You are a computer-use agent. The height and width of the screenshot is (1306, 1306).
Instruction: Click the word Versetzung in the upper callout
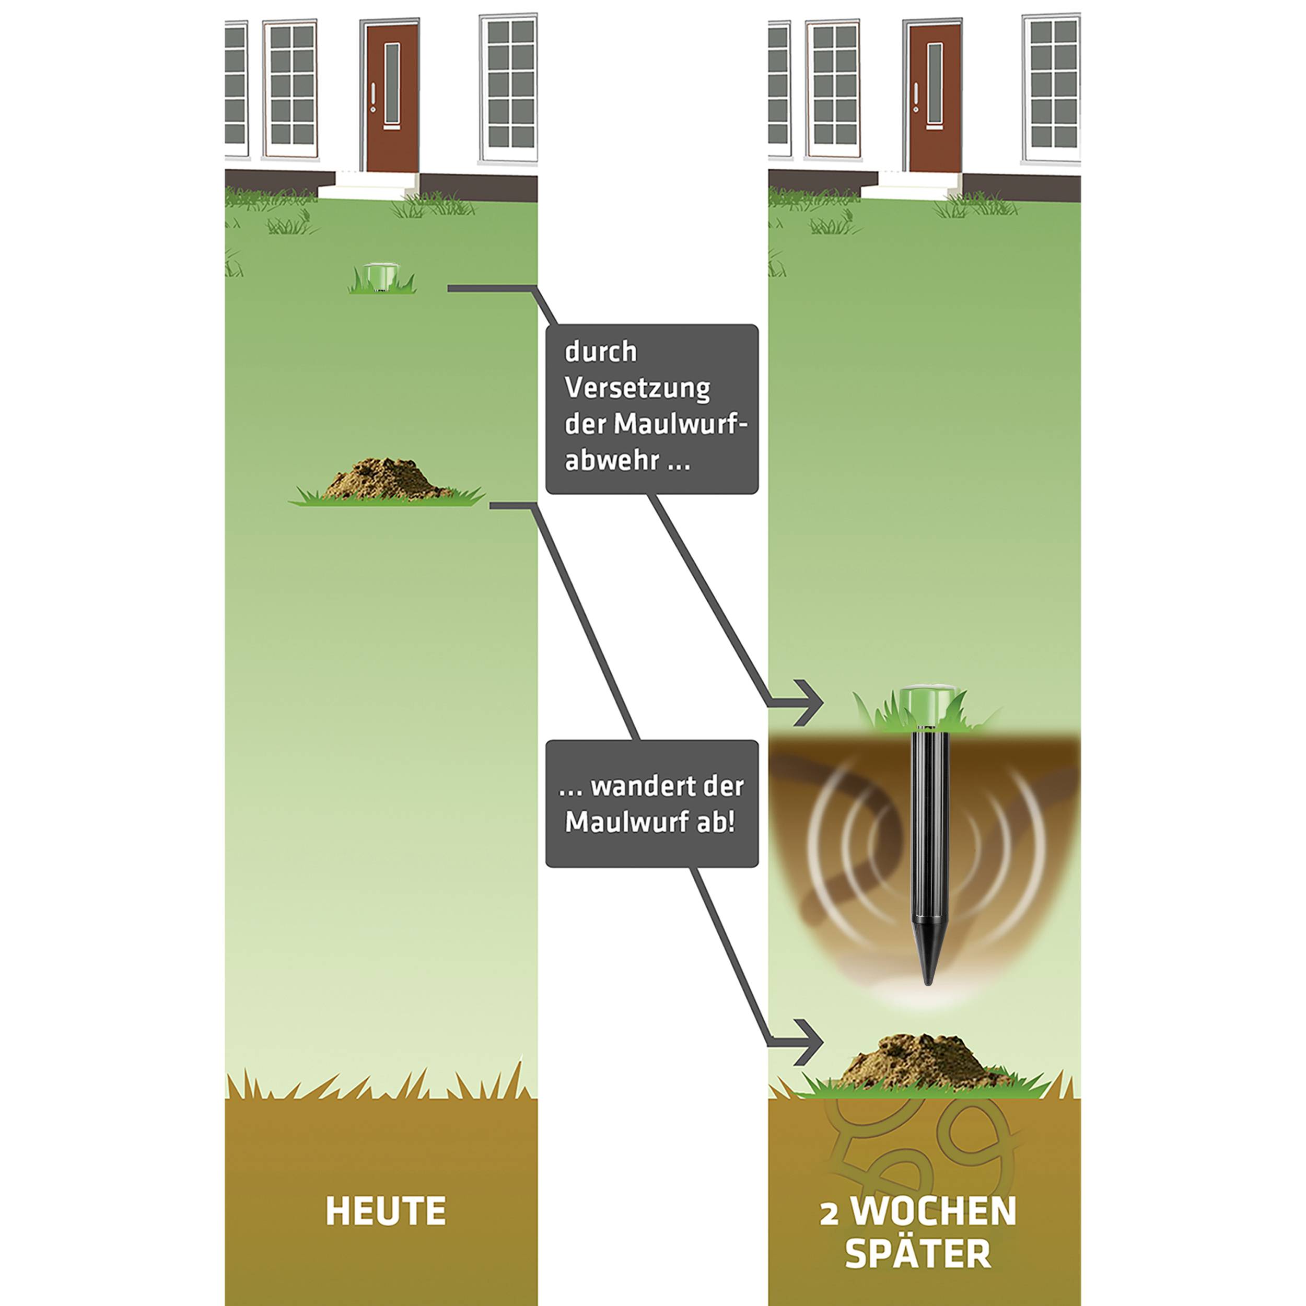coord(637,389)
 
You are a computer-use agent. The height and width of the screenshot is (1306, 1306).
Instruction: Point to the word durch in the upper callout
coord(600,352)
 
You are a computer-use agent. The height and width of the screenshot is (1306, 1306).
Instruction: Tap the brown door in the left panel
coord(391,97)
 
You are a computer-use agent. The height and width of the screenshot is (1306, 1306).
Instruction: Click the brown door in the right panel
coord(934,97)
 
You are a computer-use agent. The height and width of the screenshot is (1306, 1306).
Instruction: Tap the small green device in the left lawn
coord(381,277)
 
